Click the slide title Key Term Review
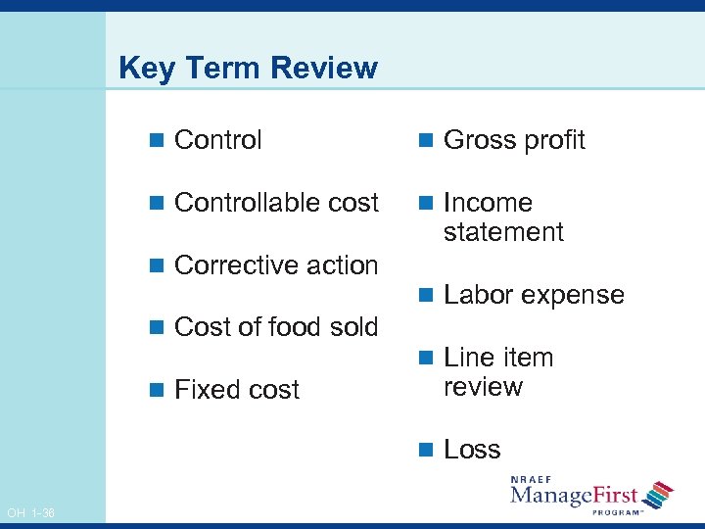[x=247, y=68]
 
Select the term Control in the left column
[x=217, y=140]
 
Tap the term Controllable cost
[x=275, y=203]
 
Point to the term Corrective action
[x=275, y=265]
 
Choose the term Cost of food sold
[x=275, y=327]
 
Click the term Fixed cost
[x=236, y=390]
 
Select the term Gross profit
[x=514, y=140]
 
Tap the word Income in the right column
[x=488, y=203]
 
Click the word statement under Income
[x=503, y=232]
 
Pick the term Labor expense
[x=534, y=295]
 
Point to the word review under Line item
[x=483, y=387]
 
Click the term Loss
[x=472, y=450]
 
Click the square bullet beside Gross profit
[x=425, y=141]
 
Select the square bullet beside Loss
[x=425, y=451]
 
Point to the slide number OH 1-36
[x=30, y=513]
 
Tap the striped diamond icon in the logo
[x=659, y=493]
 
